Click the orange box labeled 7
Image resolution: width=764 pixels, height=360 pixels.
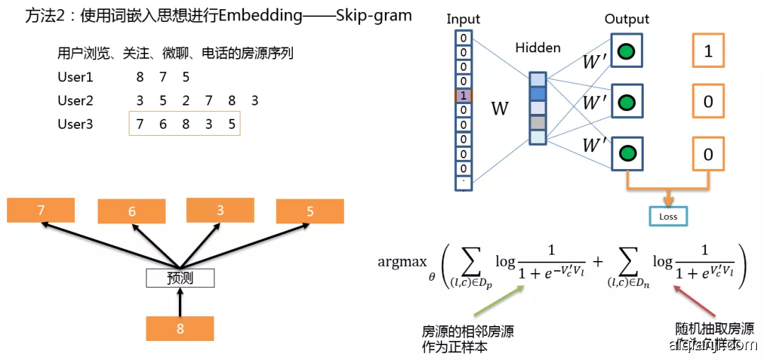tap(40, 210)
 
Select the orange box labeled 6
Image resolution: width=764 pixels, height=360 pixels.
tap(132, 211)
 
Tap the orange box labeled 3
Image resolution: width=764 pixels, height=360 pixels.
tap(220, 210)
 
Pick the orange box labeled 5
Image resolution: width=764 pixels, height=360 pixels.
tap(310, 211)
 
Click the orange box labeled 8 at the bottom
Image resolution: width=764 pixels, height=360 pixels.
tap(180, 328)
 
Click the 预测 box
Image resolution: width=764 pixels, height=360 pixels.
tap(180, 278)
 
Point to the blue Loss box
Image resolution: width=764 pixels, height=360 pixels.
tap(667, 216)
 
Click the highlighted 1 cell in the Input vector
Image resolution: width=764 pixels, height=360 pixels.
tap(463, 95)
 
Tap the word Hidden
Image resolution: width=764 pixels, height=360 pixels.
tap(538, 48)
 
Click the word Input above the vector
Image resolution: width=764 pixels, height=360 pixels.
tap(463, 19)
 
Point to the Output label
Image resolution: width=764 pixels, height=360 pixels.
tap(627, 19)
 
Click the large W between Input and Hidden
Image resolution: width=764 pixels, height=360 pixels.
tap(499, 109)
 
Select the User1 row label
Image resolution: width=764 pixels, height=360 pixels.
tap(75, 77)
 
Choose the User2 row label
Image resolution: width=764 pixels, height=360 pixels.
tap(75, 100)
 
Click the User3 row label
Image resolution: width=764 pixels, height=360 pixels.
tap(75, 124)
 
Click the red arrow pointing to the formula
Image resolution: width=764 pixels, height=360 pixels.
tap(698, 300)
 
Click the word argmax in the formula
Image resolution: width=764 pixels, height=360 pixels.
tap(402, 262)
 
